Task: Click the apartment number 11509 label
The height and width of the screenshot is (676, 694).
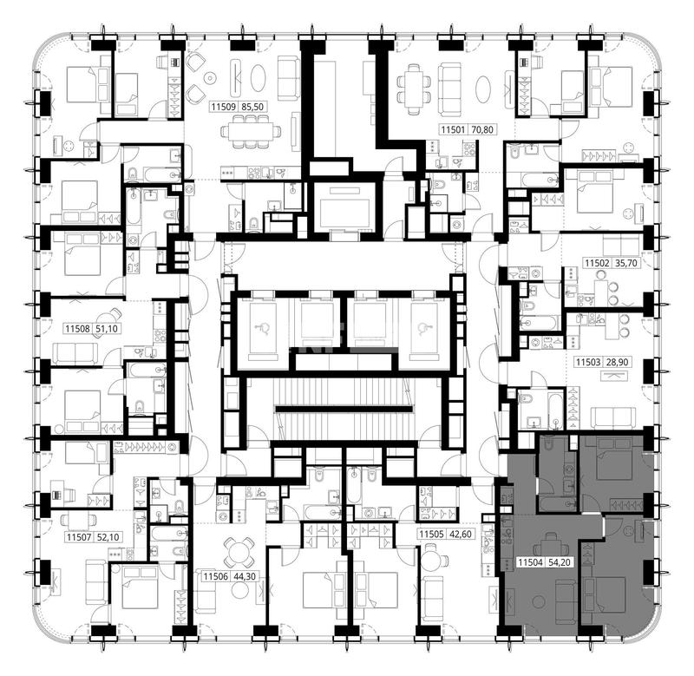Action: pyautogui.click(x=225, y=107)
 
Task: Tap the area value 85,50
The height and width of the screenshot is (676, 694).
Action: pyautogui.click(x=253, y=107)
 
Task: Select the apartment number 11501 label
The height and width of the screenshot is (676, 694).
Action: pyautogui.click(x=453, y=129)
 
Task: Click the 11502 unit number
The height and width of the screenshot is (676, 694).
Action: pyautogui.click(x=598, y=263)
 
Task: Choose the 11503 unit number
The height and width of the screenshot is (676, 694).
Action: pyautogui.click(x=588, y=362)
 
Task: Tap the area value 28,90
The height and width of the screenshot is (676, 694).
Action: pyautogui.click(x=617, y=362)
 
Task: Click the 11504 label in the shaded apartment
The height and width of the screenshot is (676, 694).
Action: pyautogui.click(x=531, y=562)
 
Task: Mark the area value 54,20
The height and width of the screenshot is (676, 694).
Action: pyautogui.click(x=560, y=562)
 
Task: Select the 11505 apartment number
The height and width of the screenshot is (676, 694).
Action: pyautogui.click(x=431, y=535)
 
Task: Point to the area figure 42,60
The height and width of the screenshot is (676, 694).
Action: pyautogui.click(x=461, y=535)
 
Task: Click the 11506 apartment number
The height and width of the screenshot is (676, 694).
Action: pyautogui.click(x=215, y=576)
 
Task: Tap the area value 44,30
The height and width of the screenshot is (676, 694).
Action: pyautogui.click(x=245, y=576)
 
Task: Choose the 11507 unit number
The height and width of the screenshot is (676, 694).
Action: pyautogui.click(x=79, y=537)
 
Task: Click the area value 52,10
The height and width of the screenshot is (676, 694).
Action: pyautogui.click(x=108, y=537)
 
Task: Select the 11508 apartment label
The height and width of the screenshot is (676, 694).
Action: pyautogui.click(x=78, y=329)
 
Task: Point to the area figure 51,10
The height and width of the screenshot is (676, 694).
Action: pyautogui.click(x=107, y=329)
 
